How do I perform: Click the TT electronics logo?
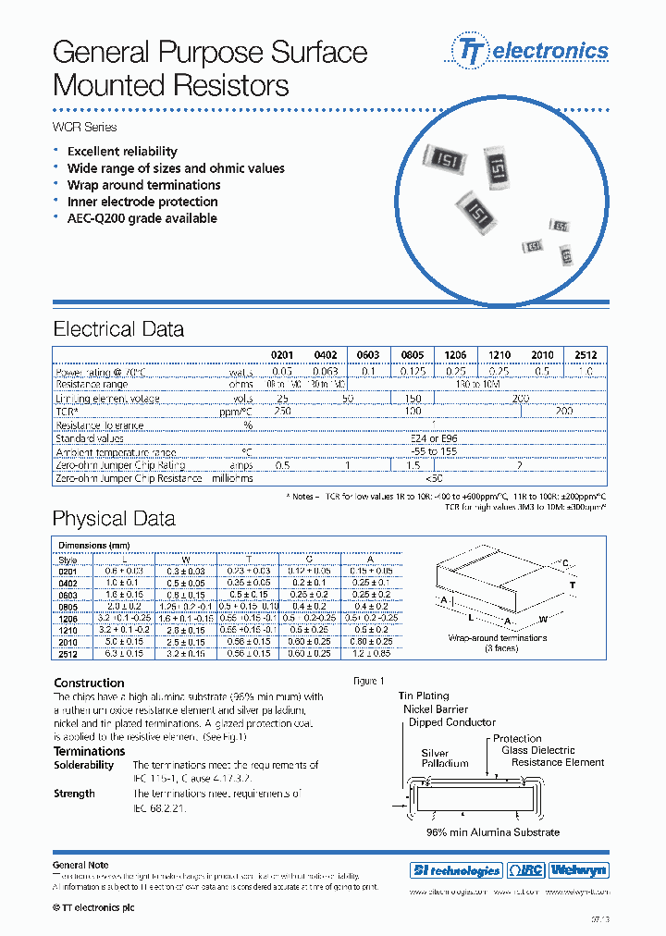(x=530, y=50)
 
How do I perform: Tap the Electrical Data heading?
(x=118, y=329)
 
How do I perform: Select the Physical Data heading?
(x=113, y=518)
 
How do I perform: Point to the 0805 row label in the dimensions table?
(x=68, y=606)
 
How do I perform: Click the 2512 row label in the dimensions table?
(x=68, y=653)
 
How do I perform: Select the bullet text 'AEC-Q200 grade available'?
(x=142, y=218)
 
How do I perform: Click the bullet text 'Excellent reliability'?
(x=122, y=152)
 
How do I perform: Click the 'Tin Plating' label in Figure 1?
(x=424, y=696)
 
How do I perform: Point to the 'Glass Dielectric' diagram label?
(x=538, y=750)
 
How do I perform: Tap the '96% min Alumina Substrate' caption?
(x=493, y=832)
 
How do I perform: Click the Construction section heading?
(x=89, y=684)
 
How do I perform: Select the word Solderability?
(x=83, y=765)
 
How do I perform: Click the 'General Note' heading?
(x=80, y=865)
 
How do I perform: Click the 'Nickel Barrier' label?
(x=437, y=709)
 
